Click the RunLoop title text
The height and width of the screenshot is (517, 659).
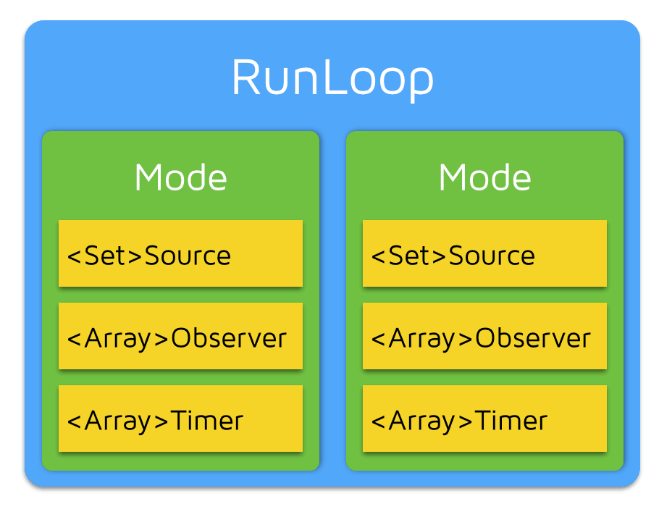[332, 78]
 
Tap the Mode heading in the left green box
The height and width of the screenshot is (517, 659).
[180, 177]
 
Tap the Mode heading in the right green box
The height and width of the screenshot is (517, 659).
[484, 177]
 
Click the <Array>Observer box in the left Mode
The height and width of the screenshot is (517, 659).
[180, 337]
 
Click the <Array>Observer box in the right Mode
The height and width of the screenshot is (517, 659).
[484, 337]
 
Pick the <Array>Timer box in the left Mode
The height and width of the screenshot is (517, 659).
[180, 419]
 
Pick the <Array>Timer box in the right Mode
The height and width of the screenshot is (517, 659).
[484, 419]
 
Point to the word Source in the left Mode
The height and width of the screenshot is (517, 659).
[188, 256]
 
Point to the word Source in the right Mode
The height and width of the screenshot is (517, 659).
[492, 256]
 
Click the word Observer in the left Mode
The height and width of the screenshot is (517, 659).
[229, 338]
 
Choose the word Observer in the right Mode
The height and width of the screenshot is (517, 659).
[533, 338]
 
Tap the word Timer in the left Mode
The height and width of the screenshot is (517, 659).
[207, 421]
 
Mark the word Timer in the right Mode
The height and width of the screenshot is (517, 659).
[511, 421]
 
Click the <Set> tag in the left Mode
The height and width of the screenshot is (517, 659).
[105, 256]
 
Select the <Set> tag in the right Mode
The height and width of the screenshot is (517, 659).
[409, 256]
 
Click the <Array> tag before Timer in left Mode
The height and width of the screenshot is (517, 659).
[118, 421]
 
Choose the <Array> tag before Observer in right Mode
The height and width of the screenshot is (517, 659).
[422, 338]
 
